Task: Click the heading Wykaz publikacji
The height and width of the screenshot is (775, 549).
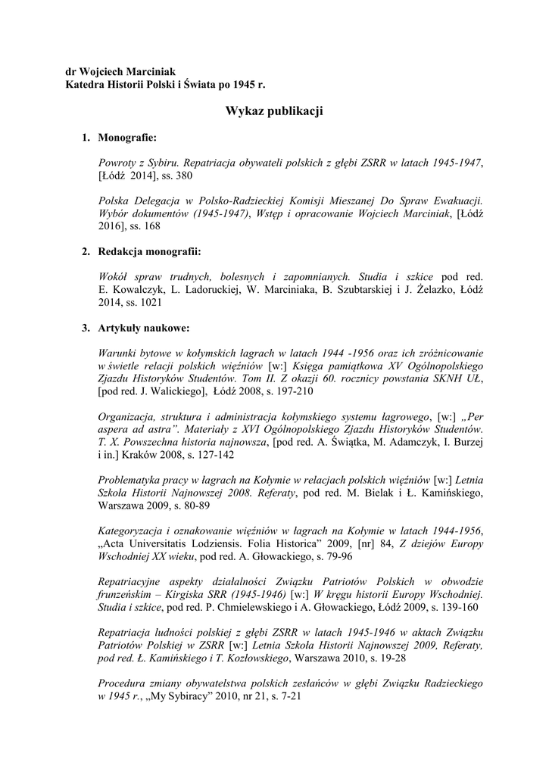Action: (x=274, y=111)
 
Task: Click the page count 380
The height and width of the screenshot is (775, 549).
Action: (x=183, y=176)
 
